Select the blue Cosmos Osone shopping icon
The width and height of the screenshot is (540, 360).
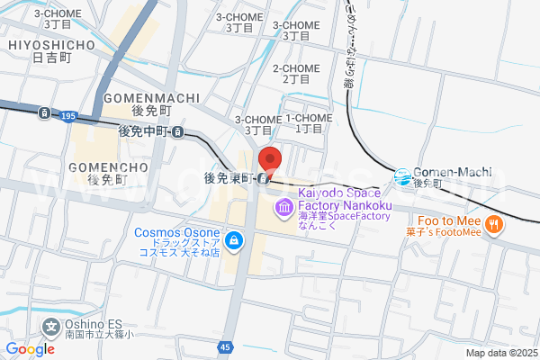[234, 240]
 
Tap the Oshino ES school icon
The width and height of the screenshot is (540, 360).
[52, 325]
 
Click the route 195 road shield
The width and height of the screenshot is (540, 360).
[68, 116]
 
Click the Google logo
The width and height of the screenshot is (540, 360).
[30, 348]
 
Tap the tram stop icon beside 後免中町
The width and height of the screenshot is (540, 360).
[178, 132]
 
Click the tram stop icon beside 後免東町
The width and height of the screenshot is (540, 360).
[261, 178]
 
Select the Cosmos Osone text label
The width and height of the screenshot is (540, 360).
[177, 232]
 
